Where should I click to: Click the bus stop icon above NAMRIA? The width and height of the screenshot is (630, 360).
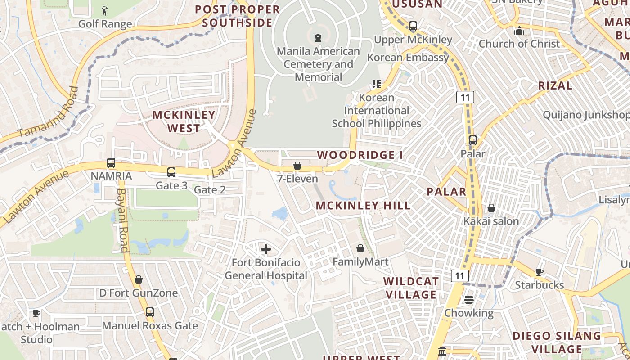[111, 163]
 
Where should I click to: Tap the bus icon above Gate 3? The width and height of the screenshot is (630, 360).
[171, 172]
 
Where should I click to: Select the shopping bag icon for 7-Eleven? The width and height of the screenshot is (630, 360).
[297, 166]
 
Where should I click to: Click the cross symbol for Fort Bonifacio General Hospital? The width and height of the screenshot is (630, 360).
[266, 249]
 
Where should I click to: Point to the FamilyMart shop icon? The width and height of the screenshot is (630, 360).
[360, 248]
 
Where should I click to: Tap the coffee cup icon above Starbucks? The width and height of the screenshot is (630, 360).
[539, 272]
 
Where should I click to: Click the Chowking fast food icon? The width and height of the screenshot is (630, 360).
[469, 300]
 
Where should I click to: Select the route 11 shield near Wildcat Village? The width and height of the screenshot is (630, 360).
[461, 276]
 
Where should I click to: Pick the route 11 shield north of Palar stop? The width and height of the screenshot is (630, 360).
[465, 97]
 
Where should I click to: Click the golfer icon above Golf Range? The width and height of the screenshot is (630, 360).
[105, 10]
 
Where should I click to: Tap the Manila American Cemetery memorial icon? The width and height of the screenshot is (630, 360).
[318, 38]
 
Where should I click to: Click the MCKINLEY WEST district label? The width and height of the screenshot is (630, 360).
[184, 121]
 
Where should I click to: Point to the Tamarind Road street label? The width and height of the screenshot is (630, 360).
[49, 112]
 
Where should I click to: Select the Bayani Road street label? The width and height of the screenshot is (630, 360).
[122, 220]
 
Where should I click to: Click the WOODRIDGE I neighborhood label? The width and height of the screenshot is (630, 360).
[360, 155]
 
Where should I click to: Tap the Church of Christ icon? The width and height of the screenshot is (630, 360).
[519, 31]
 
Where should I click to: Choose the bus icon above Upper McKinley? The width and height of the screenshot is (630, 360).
[413, 26]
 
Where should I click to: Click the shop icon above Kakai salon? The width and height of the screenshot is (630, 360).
[491, 208]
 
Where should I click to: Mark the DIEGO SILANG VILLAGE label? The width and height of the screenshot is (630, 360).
[557, 342]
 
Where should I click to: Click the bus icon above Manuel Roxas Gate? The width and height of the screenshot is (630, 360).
[149, 312]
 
